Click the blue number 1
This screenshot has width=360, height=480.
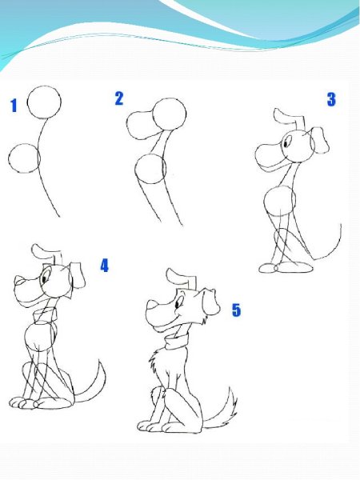click(14, 106)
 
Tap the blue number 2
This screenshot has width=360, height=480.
click(119, 98)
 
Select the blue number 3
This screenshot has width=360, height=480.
click(331, 99)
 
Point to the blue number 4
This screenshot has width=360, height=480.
click(104, 266)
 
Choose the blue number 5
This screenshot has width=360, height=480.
click(236, 310)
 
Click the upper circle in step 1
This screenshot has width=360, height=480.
click(44, 86)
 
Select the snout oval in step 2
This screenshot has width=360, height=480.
click(127, 126)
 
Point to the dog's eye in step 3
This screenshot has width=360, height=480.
click(286, 142)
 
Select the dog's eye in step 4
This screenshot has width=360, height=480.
click(45, 278)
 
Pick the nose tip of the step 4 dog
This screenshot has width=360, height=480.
click(19, 280)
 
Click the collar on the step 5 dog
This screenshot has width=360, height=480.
click(177, 342)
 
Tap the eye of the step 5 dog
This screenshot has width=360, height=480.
click(178, 304)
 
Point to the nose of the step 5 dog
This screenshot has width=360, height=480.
click(151, 306)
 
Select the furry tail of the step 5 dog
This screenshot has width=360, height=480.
click(221, 410)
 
